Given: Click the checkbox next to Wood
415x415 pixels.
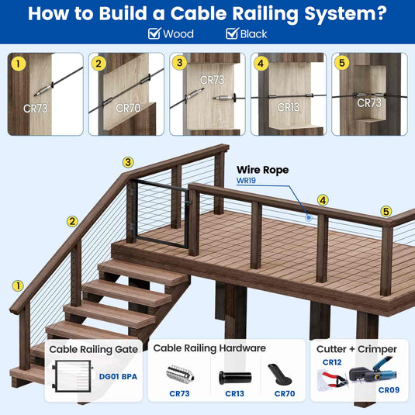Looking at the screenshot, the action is [x=154, y=33].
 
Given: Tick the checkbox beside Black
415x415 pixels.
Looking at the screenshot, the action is [x=232, y=33].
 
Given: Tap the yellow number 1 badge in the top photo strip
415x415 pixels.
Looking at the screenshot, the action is [x=19, y=64].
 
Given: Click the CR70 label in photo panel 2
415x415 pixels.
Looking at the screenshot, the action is [x=128, y=108].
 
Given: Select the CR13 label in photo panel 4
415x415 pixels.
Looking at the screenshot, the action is [x=289, y=107].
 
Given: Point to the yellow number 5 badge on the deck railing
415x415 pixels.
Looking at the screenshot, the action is [x=386, y=212].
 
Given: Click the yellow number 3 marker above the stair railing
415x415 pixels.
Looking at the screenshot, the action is [x=128, y=162].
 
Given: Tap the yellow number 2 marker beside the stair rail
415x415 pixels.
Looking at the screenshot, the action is [x=72, y=221].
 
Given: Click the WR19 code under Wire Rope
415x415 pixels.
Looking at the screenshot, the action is [x=246, y=181].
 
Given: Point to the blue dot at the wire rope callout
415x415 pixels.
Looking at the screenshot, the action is [x=308, y=217].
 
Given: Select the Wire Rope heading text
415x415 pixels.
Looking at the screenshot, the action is [x=262, y=170].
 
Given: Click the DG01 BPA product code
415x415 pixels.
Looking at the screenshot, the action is [x=118, y=377].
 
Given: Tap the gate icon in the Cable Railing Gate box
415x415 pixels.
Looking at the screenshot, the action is [x=72, y=376].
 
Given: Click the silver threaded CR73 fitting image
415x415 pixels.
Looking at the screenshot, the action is [x=180, y=373].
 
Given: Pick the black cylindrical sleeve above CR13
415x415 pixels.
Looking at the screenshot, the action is [x=235, y=378].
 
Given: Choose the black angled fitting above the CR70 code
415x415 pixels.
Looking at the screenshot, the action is [x=279, y=375].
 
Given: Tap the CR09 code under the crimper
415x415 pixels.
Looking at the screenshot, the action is [x=389, y=390].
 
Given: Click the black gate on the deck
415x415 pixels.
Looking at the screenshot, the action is [x=161, y=214].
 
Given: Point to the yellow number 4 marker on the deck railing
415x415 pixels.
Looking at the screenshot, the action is [x=323, y=200].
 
